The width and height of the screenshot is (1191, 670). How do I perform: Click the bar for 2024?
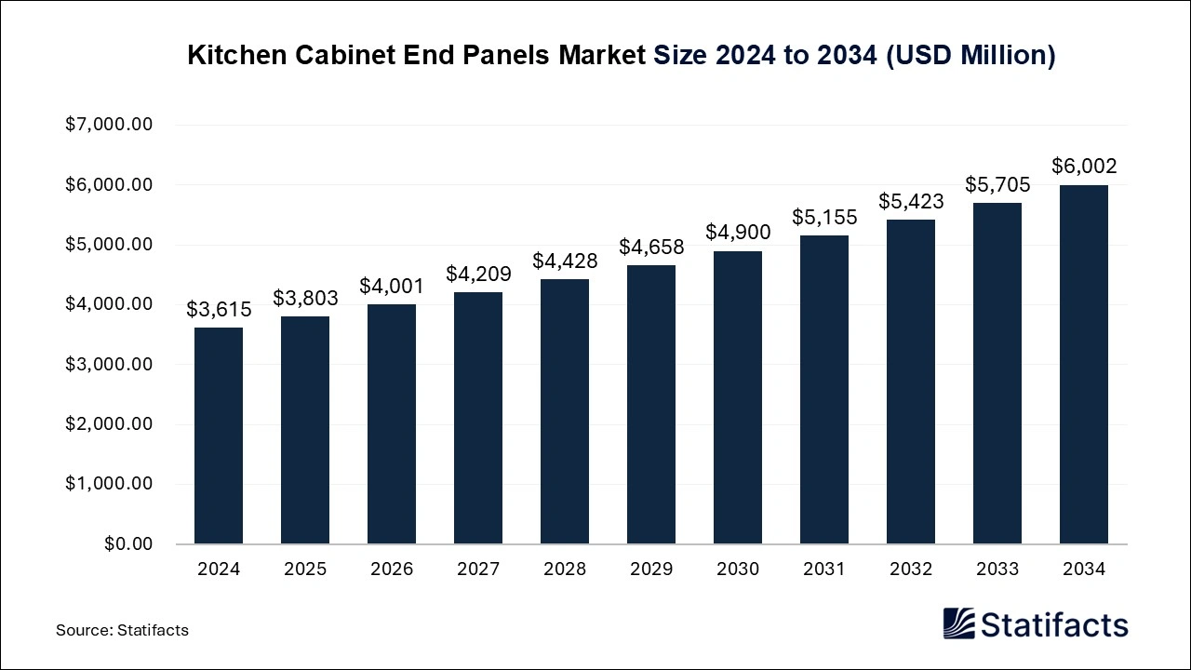tap(219, 435)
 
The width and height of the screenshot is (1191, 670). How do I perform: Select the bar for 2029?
tap(651, 405)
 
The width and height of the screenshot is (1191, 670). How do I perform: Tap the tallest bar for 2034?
tap(1084, 365)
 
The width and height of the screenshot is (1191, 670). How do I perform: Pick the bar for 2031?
tap(824, 390)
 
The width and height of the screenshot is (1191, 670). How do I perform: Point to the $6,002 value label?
tap(1084, 167)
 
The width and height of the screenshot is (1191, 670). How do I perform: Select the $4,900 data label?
tap(738, 233)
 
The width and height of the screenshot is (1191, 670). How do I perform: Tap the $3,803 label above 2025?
tap(305, 299)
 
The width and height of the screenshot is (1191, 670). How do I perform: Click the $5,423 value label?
tap(911, 201)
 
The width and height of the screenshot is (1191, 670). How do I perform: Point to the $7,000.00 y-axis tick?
tap(109, 125)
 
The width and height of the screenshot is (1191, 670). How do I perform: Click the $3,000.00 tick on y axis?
tap(109, 364)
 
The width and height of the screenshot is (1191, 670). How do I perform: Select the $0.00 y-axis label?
tap(128, 543)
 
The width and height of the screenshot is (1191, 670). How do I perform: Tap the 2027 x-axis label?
tap(478, 569)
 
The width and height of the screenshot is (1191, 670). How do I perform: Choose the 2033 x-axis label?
tap(997, 569)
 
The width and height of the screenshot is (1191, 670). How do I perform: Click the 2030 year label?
tap(738, 569)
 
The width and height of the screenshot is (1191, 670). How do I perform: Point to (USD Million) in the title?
tap(970, 56)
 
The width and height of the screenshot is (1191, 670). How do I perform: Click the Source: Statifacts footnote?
tap(122, 630)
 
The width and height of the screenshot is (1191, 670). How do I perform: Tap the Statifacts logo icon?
tap(959, 623)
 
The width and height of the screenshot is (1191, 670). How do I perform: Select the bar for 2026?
tap(392, 424)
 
